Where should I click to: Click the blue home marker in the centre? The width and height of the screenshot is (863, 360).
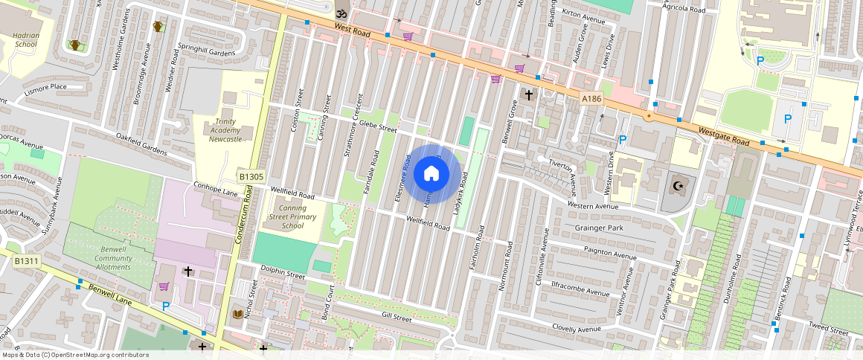431,173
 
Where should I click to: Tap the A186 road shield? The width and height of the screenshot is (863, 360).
591,98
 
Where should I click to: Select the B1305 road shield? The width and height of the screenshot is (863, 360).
251,176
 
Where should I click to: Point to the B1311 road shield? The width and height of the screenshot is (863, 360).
26,260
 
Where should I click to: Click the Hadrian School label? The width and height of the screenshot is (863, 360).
26,39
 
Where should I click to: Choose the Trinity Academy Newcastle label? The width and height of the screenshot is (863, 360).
225,130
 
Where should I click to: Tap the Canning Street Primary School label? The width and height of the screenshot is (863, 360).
293,217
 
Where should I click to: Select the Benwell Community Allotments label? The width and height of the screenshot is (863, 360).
113,258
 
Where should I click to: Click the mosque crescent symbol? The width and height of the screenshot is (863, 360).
676,186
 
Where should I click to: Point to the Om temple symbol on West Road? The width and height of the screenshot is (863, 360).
341,13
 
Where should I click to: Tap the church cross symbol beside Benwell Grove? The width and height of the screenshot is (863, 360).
529,94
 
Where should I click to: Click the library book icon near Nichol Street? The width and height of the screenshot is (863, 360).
238,314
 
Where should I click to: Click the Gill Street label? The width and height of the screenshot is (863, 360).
396,318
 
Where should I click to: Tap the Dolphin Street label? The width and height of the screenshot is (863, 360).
283,274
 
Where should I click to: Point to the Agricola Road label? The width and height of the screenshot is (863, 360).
684,10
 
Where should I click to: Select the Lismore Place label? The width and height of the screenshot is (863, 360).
45,87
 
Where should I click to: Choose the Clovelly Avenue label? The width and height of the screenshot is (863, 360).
577,328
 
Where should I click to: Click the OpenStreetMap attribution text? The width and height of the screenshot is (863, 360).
75,355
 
